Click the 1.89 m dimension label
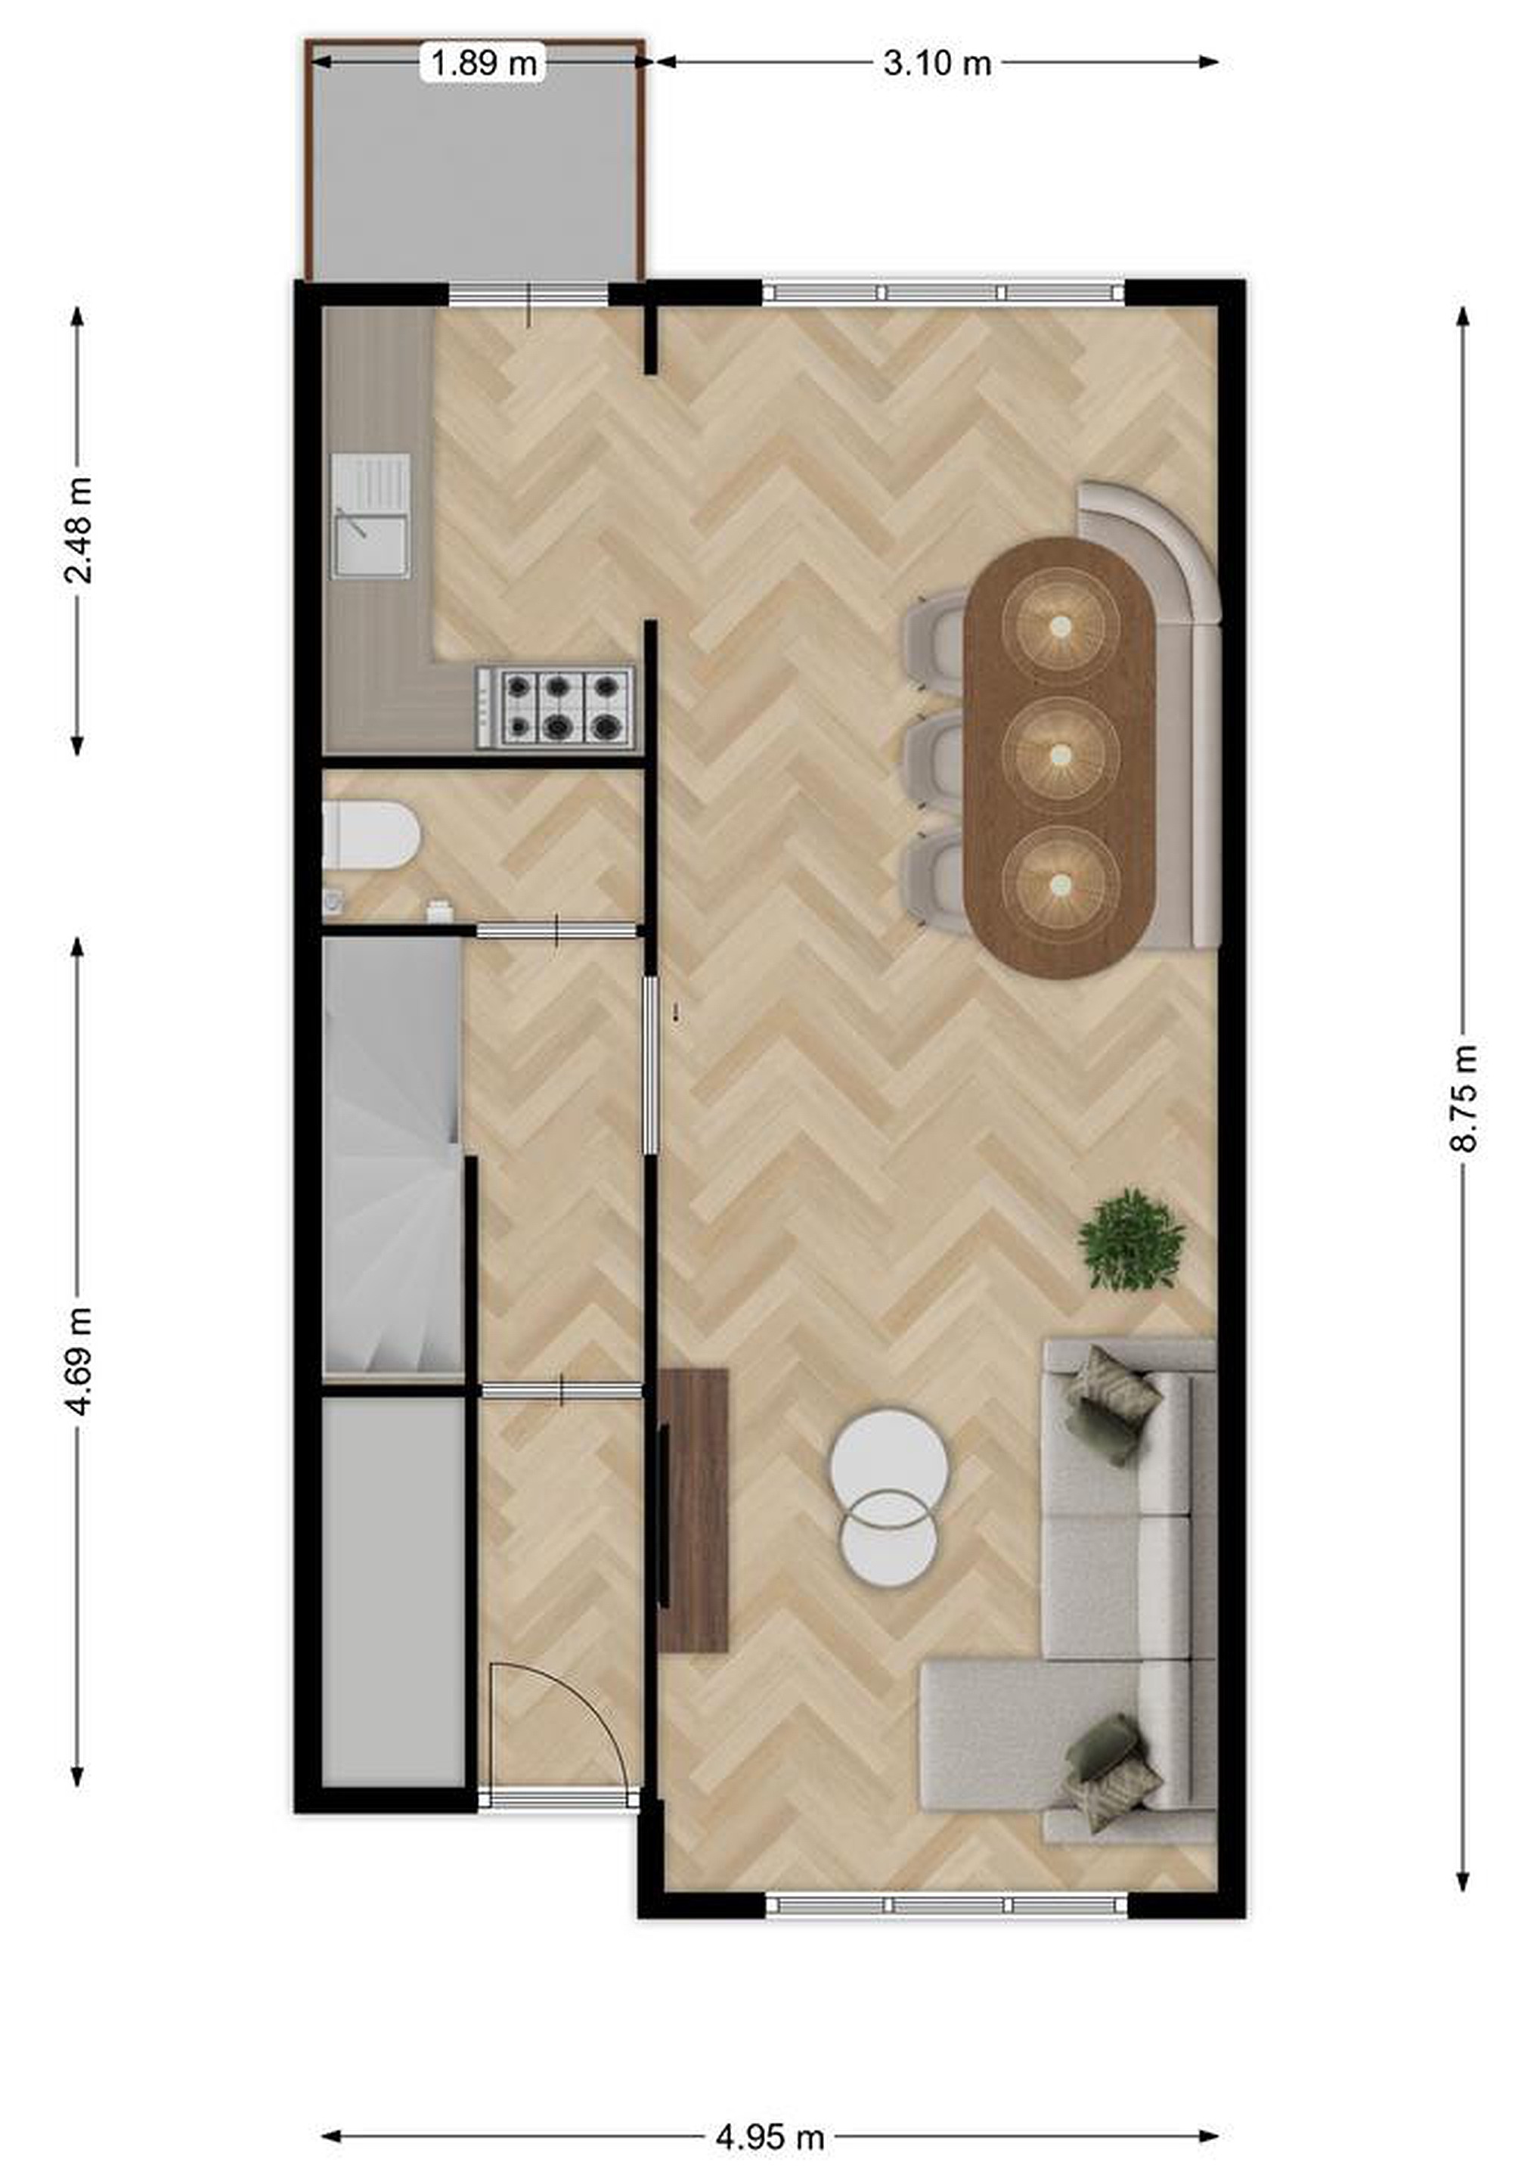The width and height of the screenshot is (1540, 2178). (x=484, y=64)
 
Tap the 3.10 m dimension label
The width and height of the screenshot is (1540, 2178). (x=937, y=64)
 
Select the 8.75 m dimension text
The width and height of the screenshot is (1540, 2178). (x=1463, y=1097)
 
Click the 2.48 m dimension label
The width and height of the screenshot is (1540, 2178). (x=78, y=530)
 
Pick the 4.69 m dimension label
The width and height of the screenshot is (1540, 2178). (x=78, y=1361)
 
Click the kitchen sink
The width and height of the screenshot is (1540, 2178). (x=370, y=516)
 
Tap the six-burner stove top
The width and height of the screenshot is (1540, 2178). (x=556, y=706)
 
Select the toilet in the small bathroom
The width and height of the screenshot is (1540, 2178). (x=370, y=835)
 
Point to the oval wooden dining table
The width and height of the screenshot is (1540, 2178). (x=1060, y=757)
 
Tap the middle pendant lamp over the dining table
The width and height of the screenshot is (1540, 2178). (x=1060, y=754)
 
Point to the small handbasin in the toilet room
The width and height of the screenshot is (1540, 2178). (x=333, y=901)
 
